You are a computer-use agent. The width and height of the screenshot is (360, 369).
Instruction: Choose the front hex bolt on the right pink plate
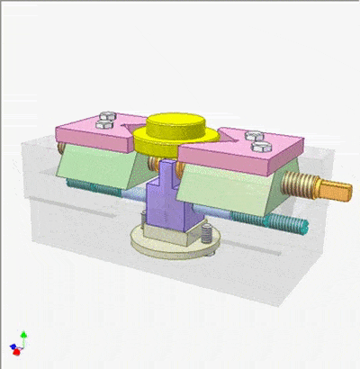tap(261, 144)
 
